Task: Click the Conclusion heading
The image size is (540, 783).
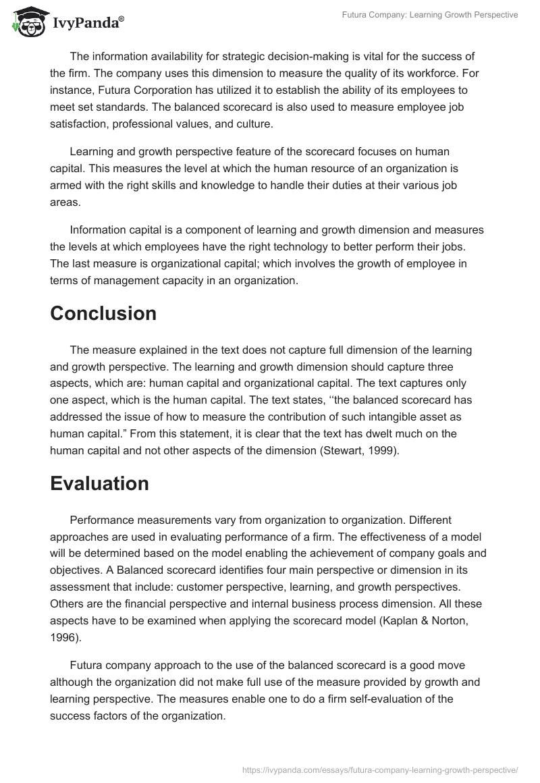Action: (x=103, y=314)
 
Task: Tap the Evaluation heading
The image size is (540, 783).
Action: (x=99, y=484)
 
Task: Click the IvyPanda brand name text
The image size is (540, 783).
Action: (x=87, y=22)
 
